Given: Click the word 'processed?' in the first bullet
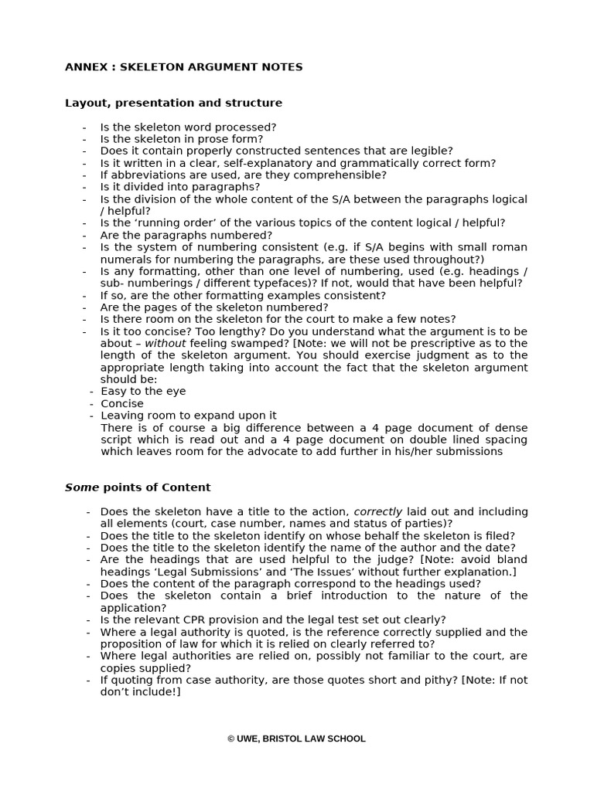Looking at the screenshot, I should click(x=248, y=127).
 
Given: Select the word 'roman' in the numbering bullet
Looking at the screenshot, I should click(x=510, y=247).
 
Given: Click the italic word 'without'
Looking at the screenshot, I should click(x=166, y=343).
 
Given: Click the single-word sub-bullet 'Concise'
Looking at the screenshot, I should click(x=122, y=403).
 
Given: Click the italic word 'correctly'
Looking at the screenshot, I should click(x=378, y=511).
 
